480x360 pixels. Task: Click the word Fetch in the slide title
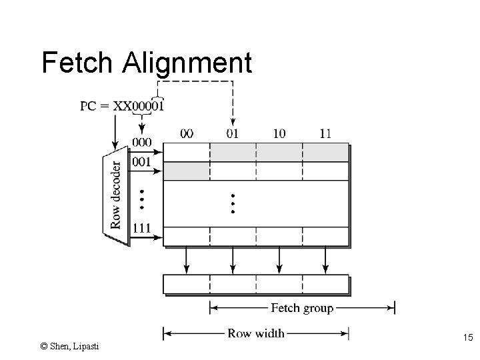[x=77, y=63]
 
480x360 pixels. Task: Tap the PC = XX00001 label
[x=122, y=105]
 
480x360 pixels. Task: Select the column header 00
[x=187, y=133]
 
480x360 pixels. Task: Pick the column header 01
[x=233, y=133]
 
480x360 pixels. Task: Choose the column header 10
[x=279, y=133]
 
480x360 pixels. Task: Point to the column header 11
[x=325, y=133]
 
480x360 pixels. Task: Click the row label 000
[x=141, y=142]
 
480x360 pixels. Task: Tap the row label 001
[x=141, y=161]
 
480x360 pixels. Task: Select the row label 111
[x=141, y=228]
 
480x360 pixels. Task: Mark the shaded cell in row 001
[x=187, y=171]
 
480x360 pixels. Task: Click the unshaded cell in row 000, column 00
[x=187, y=152]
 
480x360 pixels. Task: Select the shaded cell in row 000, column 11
[x=325, y=152]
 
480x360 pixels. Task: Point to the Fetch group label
[x=302, y=308]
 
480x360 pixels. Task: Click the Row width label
[x=256, y=333]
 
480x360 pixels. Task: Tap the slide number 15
[x=467, y=339]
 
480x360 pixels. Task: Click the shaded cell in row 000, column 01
[x=233, y=152]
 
